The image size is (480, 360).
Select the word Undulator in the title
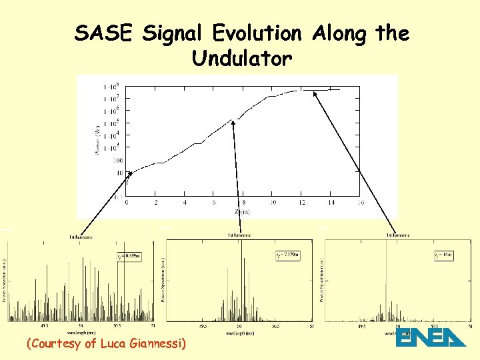click(241, 59)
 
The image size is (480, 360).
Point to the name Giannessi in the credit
click(154, 344)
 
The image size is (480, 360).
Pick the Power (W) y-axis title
click(98, 139)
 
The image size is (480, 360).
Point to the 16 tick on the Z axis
click(361, 203)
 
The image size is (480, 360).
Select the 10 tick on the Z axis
click(273, 203)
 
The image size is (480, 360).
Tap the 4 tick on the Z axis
click(185, 203)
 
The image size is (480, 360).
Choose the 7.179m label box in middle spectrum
click(287, 256)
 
